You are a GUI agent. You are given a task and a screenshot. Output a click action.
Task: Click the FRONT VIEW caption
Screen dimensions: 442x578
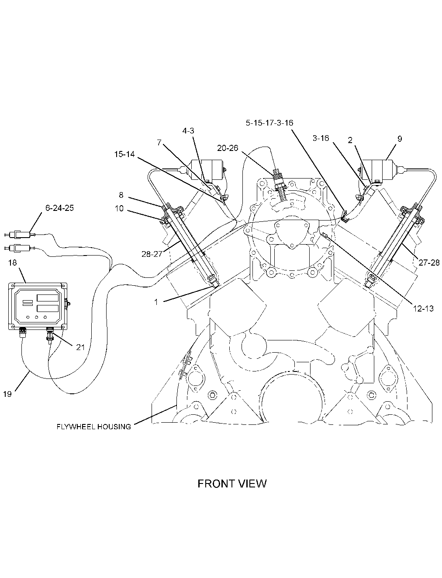click(232, 483)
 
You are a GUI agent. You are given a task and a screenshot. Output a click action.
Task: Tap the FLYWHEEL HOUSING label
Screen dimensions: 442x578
click(94, 427)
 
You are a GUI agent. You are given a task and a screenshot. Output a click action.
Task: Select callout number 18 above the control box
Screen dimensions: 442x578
click(13, 263)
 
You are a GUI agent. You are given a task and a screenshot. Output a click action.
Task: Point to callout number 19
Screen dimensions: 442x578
click(7, 394)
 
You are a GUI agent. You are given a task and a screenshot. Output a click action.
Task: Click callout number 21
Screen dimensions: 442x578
click(80, 347)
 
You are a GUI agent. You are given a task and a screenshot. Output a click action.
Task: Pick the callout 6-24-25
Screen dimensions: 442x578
click(59, 208)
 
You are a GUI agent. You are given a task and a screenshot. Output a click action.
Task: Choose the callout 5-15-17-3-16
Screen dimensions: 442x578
click(269, 123)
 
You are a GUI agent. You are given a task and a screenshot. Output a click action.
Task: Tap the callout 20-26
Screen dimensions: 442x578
click(228, 148)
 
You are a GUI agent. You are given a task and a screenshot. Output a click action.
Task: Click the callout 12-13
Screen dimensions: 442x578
click(423, 308)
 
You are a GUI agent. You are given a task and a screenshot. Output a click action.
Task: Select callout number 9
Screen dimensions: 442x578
click(400, 139)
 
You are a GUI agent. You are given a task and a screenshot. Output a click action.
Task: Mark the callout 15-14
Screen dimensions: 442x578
click(124, 154)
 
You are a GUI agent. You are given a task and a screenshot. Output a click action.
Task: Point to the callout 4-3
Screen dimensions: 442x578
click(188, 130)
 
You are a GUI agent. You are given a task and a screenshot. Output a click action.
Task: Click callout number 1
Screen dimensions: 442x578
click(156, 302)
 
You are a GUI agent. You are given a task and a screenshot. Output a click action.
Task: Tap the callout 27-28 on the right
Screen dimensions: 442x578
click(429, 263)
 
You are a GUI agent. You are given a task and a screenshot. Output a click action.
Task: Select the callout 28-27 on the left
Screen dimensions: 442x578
click(152, 254)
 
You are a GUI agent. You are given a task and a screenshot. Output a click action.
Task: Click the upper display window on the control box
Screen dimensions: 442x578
click(48, 298)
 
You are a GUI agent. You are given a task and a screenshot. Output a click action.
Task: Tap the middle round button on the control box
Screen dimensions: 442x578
click(37, 317)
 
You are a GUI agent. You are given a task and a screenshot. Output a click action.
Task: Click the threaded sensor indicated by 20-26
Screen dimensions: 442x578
click(279, 181)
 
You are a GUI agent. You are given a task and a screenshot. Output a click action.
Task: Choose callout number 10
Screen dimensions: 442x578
click(119, 209)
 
